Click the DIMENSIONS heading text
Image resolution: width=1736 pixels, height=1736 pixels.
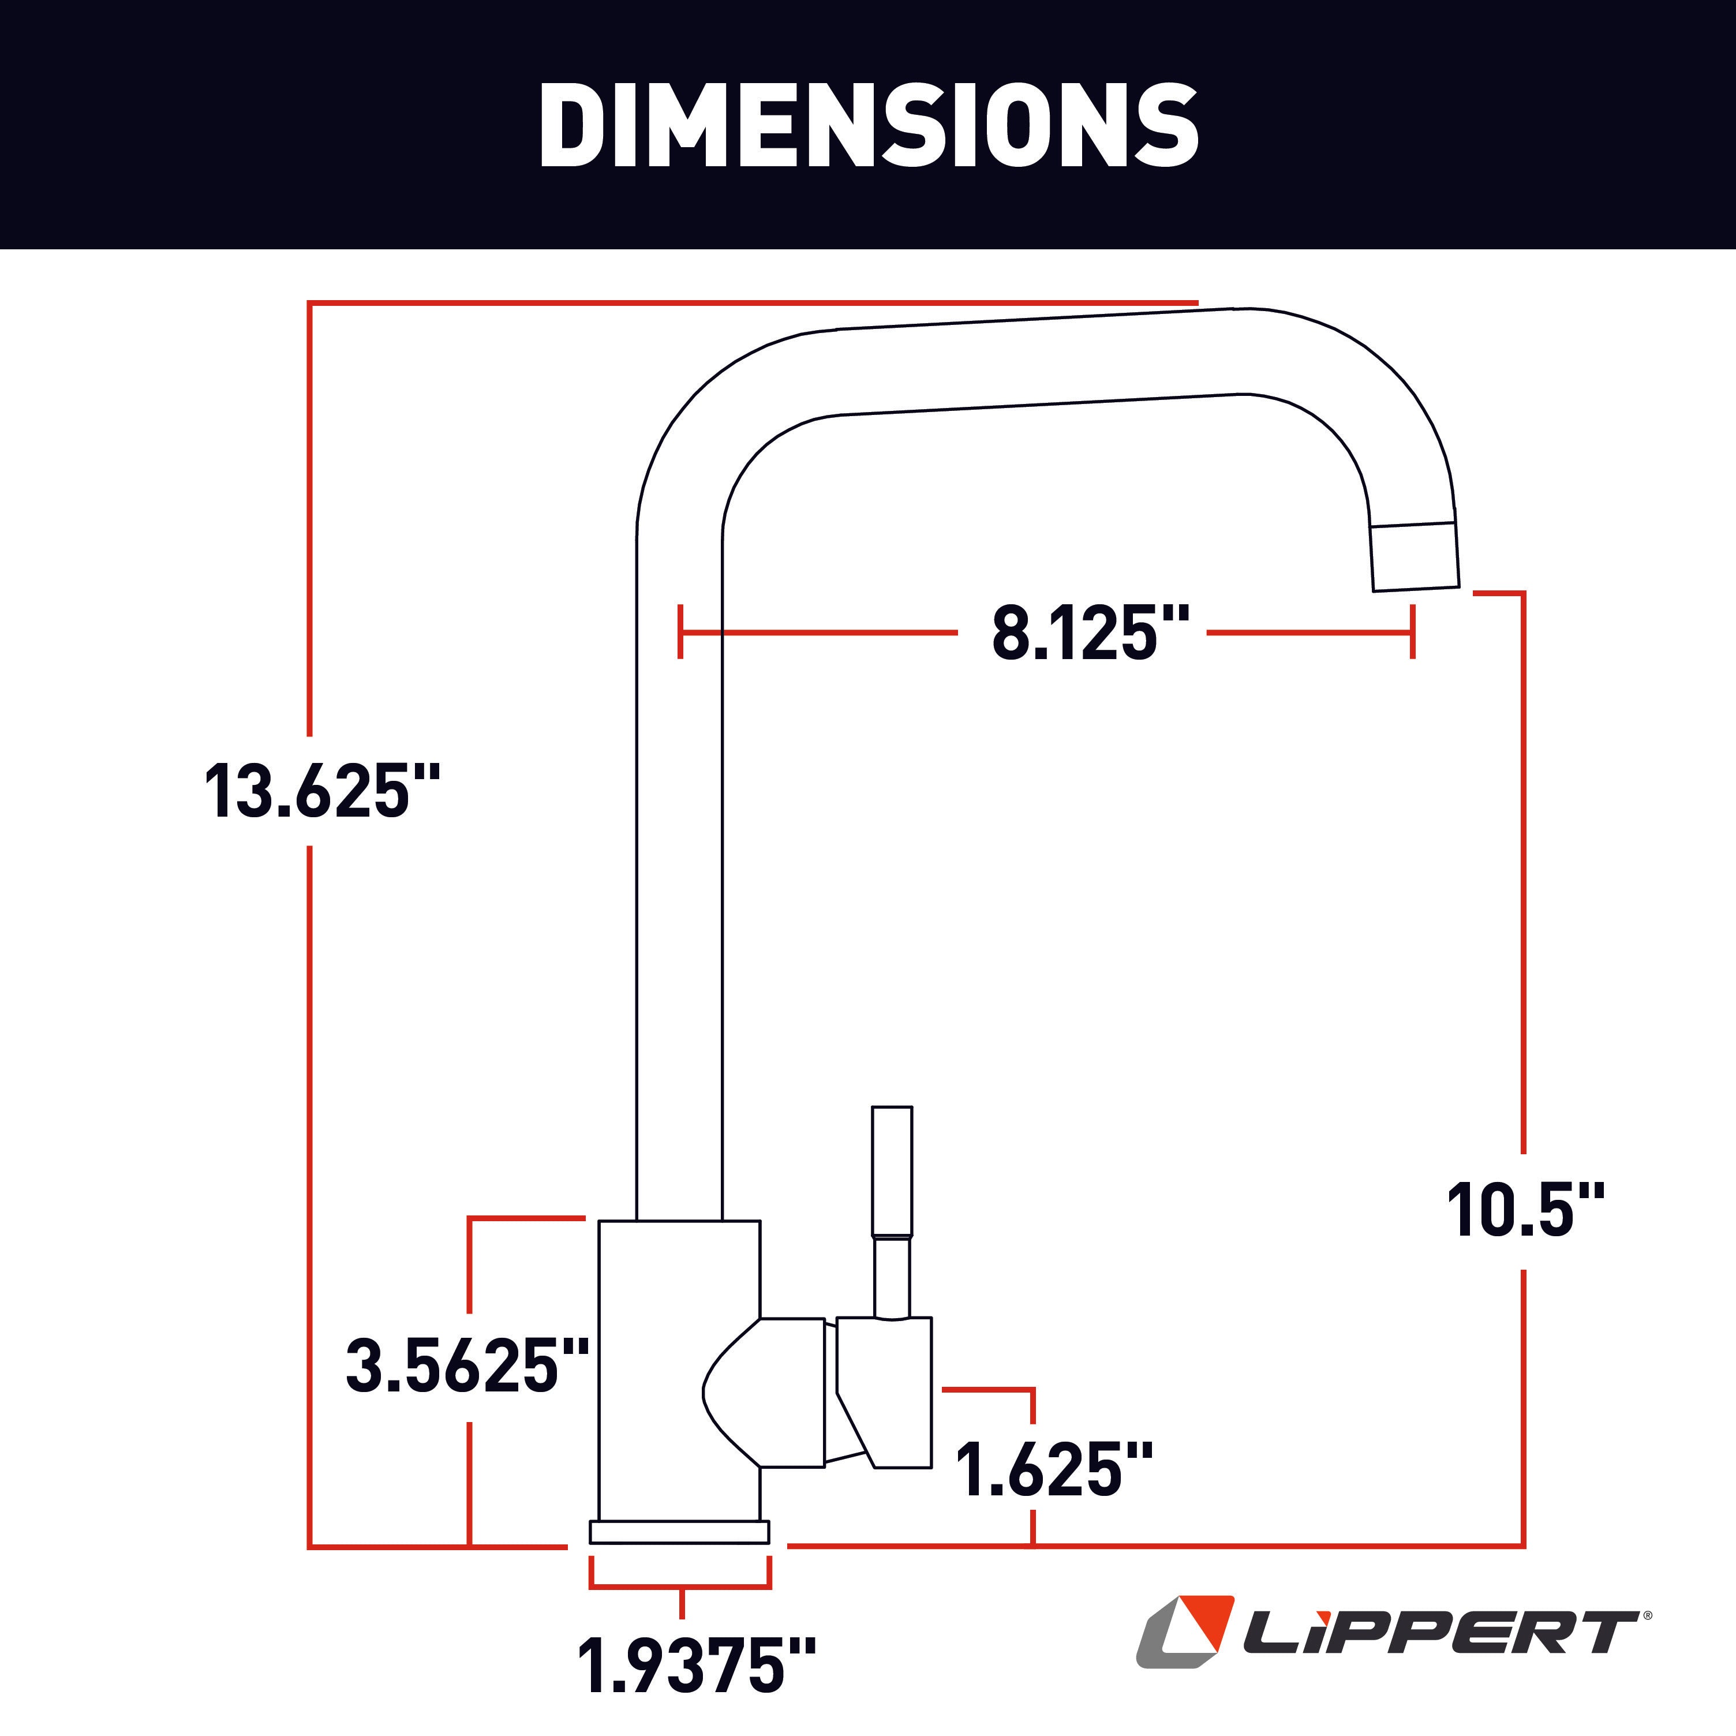(868, 126)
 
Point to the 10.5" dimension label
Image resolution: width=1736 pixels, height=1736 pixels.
(1525, 1211)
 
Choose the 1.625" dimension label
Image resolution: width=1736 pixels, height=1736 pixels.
(1052, 1471)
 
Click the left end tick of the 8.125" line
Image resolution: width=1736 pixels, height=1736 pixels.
(681, 632)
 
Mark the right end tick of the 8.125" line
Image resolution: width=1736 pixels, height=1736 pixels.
(1413, 632)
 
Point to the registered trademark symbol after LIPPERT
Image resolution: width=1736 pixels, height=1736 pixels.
(1646, 1615)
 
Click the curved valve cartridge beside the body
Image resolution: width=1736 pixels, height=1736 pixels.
(764, 1393)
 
